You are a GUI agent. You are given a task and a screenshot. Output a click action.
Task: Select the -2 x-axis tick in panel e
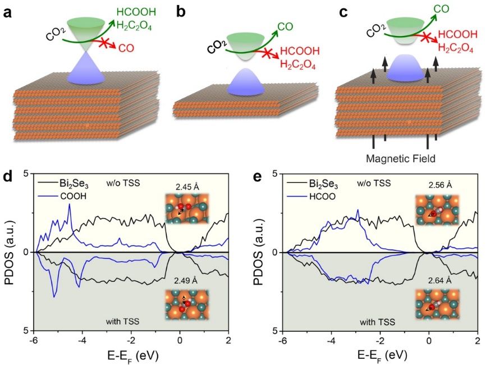click(x=380, y=339)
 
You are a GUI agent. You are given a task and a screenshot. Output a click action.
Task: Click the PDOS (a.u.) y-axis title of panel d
click(x=10, y=253)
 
